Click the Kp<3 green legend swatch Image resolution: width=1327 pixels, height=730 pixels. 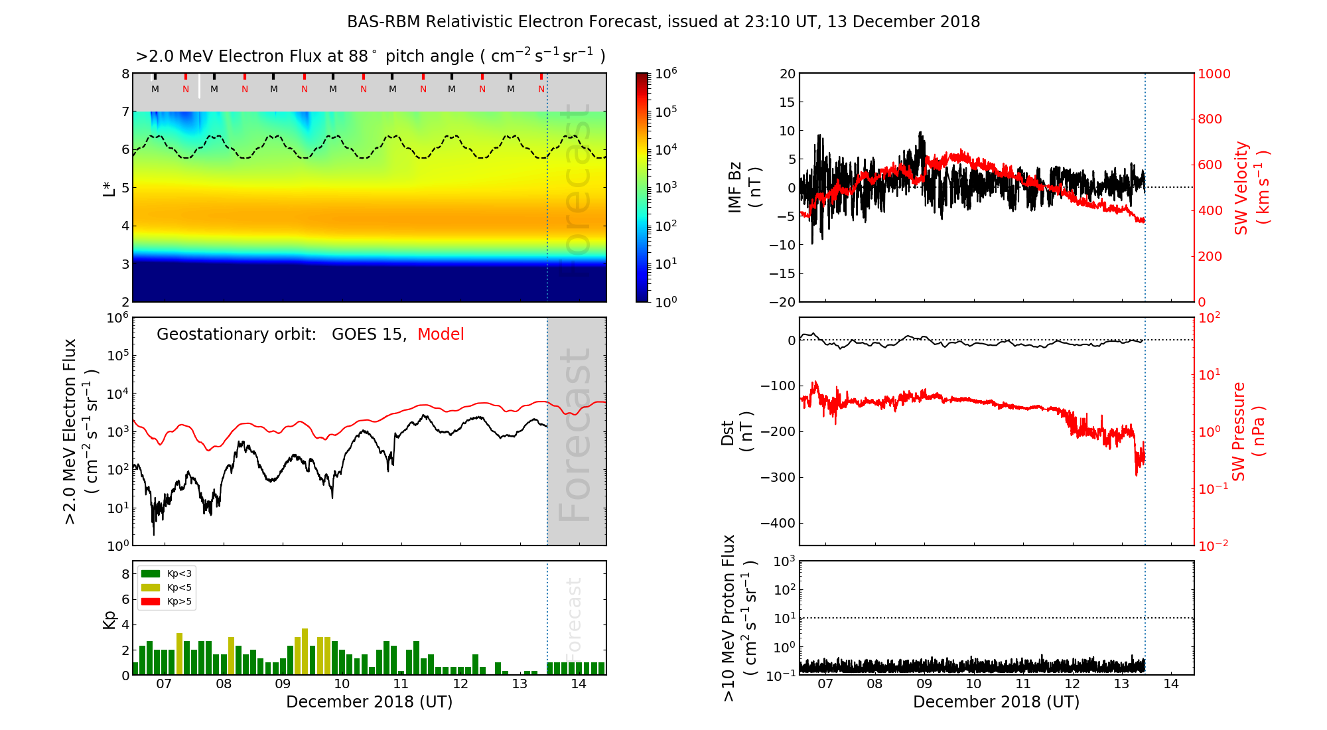pyautogui.click(x=151, y=573)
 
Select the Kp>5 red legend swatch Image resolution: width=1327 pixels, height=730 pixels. pyautogui.click(x=151, y=602)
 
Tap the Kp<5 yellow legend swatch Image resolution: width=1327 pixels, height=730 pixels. pyautogui.click(x=151, y=588)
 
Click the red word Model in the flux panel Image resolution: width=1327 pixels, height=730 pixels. pyautogui.click(x=441, y=334)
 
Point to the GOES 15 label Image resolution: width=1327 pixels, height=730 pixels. pyautogui.click(x=368, y=334)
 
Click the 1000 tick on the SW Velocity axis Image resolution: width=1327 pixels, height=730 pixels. pyautogui.click(x=1214, y=74)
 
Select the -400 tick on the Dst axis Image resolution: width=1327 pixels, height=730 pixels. pyautogui.click(x=777, y=523)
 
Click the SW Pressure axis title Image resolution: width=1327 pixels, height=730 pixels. pyautogui.click(x=1247, y=431)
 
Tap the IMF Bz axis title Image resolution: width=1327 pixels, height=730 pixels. pyautogui.click(x=743, y=188)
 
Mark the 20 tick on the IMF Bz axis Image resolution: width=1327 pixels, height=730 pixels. pyautogui.click(x=787, y=74)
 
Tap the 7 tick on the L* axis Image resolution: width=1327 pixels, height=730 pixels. pyautogui.click(x=125, y=111)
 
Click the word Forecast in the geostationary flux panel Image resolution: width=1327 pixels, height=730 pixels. pyautogui.click(x=575, y=435)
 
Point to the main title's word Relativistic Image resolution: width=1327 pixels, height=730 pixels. pyautogui.click(x=476, y=22)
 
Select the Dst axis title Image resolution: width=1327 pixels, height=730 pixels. pyautogui.click(x=736, y=431)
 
